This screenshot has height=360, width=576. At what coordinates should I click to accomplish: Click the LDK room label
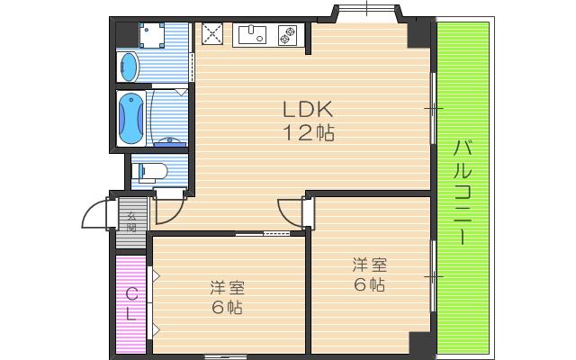point(309,110)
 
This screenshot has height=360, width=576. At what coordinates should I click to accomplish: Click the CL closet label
point(131,303)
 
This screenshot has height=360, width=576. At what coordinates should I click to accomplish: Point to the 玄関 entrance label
point(131,221)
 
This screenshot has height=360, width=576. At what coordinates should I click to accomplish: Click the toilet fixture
point(152,170)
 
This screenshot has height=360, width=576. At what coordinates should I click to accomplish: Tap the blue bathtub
point(131,118)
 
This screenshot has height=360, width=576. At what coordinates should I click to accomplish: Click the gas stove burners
point(290,35)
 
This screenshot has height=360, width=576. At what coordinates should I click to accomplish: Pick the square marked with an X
point(212,34)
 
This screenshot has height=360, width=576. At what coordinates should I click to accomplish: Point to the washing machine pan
point(155,35)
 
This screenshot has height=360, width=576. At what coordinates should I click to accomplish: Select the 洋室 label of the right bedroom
point(369,265)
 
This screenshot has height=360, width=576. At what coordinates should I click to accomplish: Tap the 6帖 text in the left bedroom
point(227,308)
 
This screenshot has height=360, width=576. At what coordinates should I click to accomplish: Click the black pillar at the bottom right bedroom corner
point(419,343)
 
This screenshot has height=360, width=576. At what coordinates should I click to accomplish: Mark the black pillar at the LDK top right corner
point(419,33)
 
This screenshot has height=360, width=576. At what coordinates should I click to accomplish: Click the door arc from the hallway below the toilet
point(168,210)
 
